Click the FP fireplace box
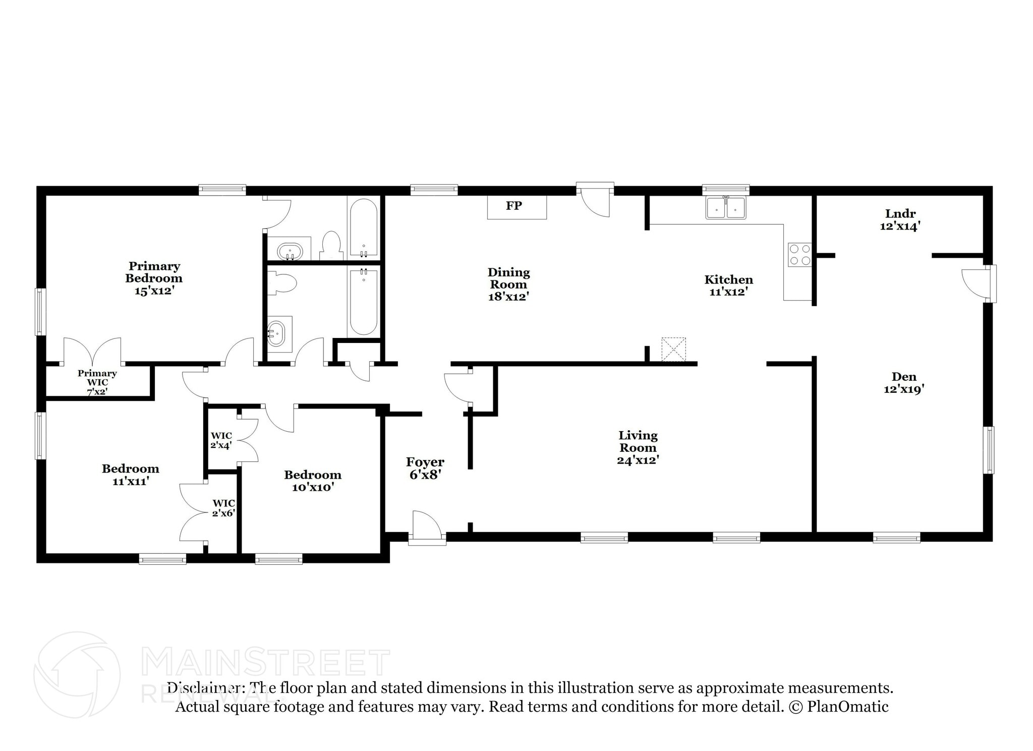pos(516,207)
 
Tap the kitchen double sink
pos(726,208)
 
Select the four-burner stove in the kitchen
pos(799,255)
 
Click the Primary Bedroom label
pos(154,272)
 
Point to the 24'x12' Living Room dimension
pos(638,460)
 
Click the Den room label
pos(904,377)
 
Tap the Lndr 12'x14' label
pos(900,220)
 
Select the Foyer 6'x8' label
pos(425,468)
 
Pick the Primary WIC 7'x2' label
pos(97,382)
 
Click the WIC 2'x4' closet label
pos(221,440)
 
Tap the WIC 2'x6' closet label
pos(223,508)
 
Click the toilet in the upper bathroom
pos(331,246)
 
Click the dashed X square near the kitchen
pos(673,350)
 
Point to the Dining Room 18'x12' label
pos(508,284)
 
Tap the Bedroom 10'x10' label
pos(313,481)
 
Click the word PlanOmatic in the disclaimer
pos(847,707)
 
